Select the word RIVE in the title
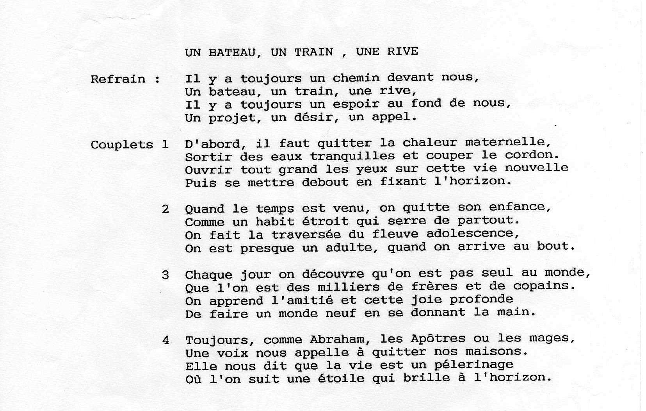(x=402, y=52)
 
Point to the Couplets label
(x=122, y=145)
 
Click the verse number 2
(x=166, y=209)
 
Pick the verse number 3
(x=166, y=275)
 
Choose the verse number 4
(x=166, y=341)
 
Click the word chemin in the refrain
(x=356, y=78)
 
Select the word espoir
(x=356, y=104)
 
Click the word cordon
(x=531, y=155)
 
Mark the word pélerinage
(x=473, y=365)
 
